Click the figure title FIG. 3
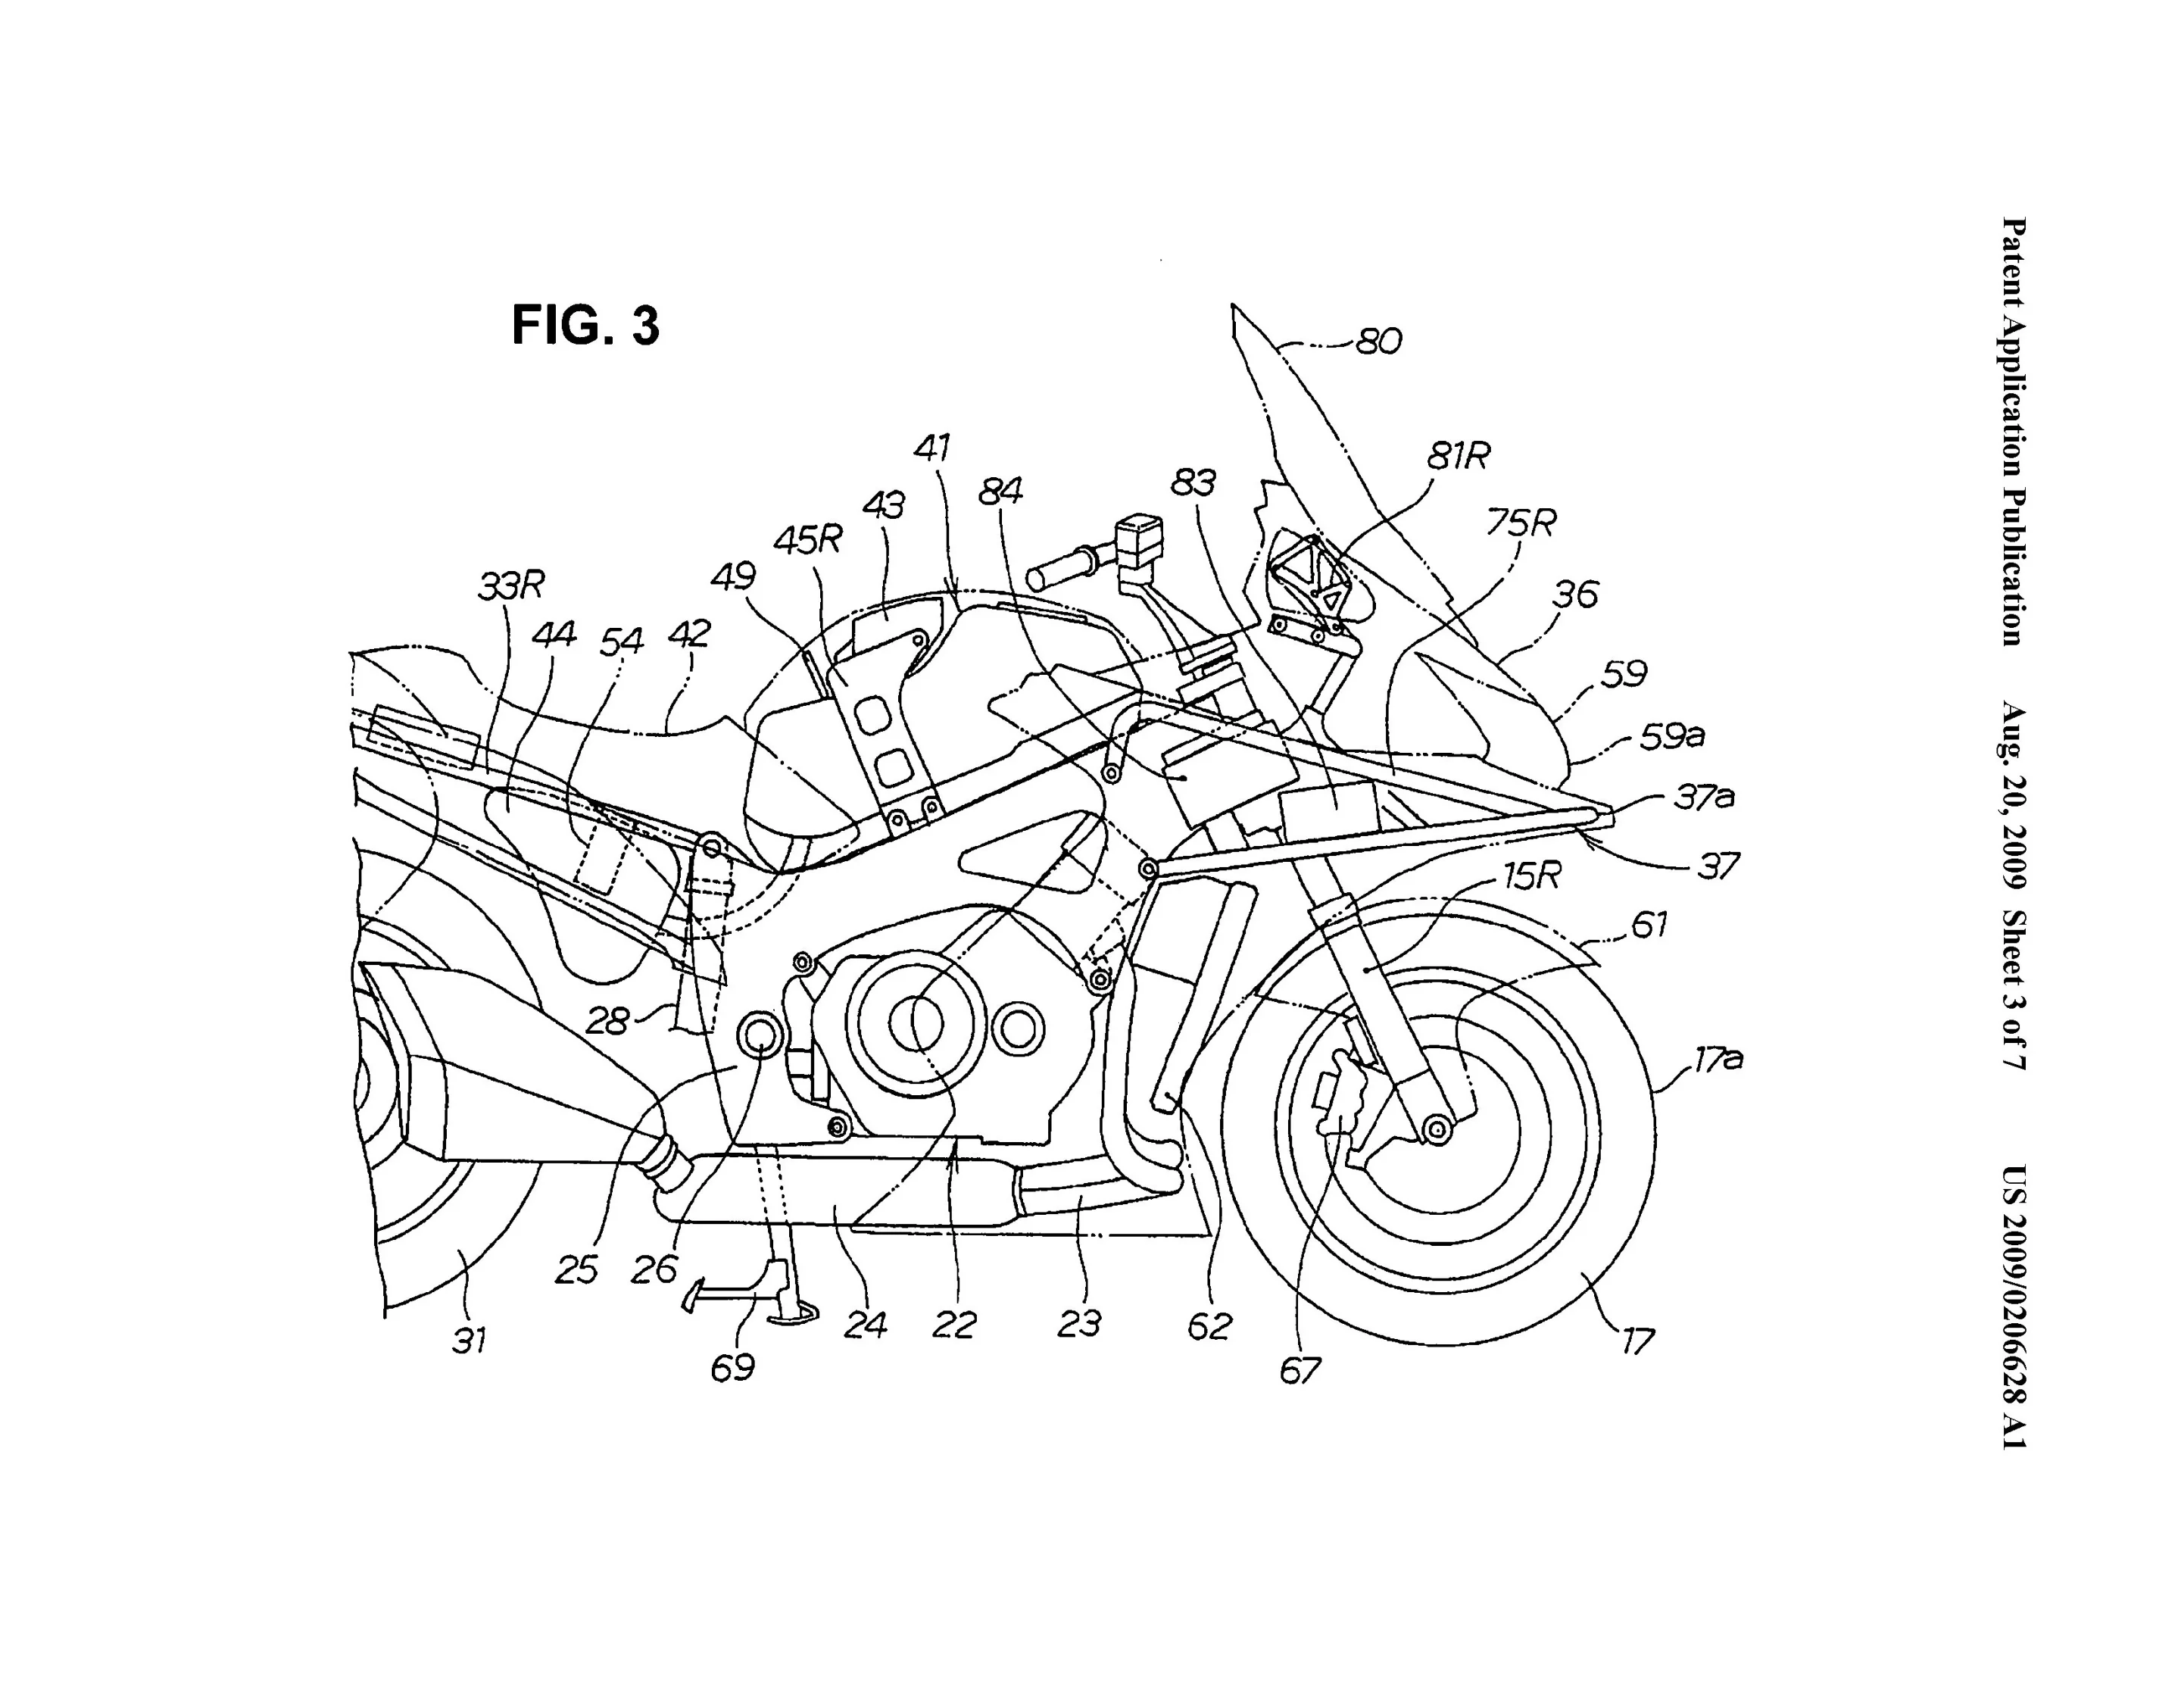click(x=585, y=326)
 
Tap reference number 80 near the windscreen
click(x=1379, y=342)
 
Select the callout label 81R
click(x=1458, y=457)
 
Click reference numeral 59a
click(x=1673, y=736)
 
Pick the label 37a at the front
click(x=1704, y=796)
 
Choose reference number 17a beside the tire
click(x=1718, y=1059)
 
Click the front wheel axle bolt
click(x=1437, y=1130)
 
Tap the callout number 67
click(x=1300, y=1370)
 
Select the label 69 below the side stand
click(x=732, y=1367)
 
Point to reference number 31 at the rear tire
click(x=470, y=1339)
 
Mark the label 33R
click(x=510, y=586)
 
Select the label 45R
click(x=808, y=539)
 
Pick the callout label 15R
click(x=1531, y=876)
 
